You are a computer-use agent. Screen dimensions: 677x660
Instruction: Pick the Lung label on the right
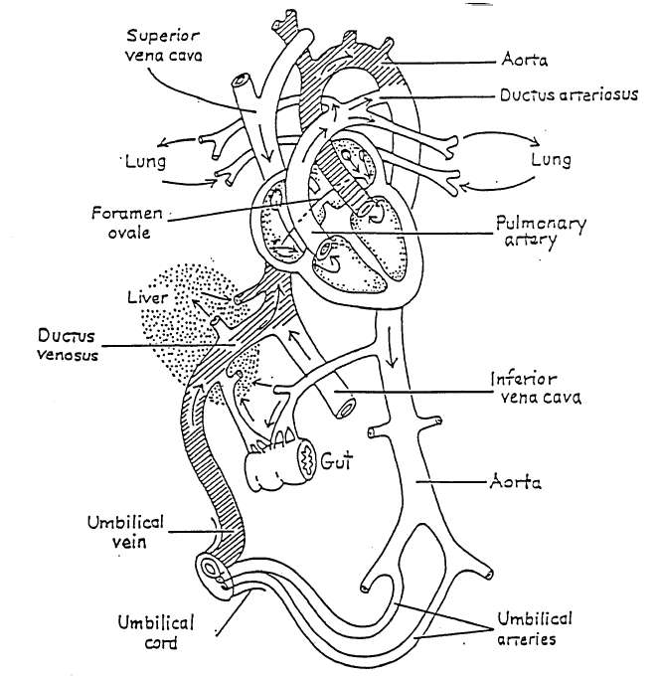(x=552, y=158)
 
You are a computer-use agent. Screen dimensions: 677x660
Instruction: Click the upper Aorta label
(x=519, y=62)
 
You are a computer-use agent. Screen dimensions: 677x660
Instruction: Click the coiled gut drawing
(x=280, y=459)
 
